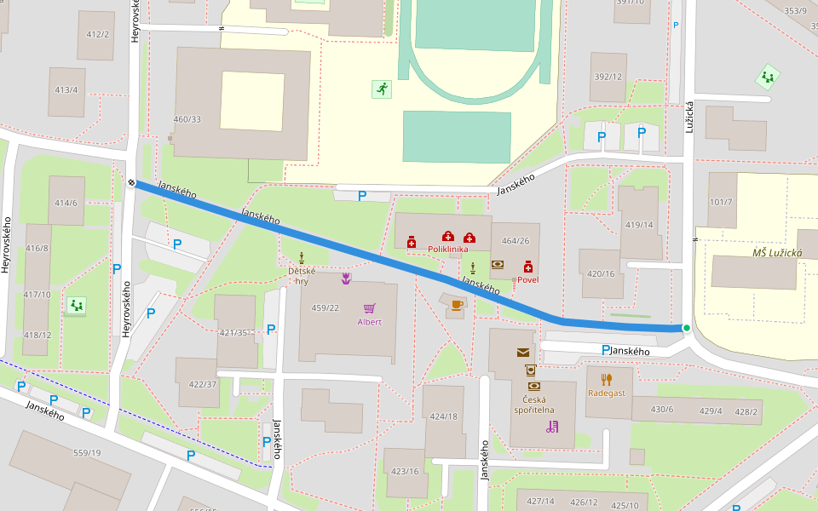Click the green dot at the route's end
click(x=686, y=327)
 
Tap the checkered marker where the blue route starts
click(x=133, y=181)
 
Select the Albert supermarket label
click(x=369, y=322)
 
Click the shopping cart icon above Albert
click(x=369, y=308)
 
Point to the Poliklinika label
click(x=448, y=249)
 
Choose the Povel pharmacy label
click(x=527, y=279)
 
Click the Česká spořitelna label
click(x=534, y=405)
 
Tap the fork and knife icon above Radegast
click(x=606, y=379)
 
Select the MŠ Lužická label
click(x=776, y=253)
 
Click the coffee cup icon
click(x=457, y=304)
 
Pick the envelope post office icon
click(x=522, y=352)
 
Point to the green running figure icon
click(x=381, y=89)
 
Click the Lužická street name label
click(x=689, y=116)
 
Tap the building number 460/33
click(x=187, y=119)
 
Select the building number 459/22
click(x=325, y=307)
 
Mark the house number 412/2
click(x=98, y=34)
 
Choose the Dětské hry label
click(x=302, y=276)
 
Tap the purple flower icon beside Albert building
click(x=346, y=278)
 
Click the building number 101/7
click(x=721, y=202)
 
